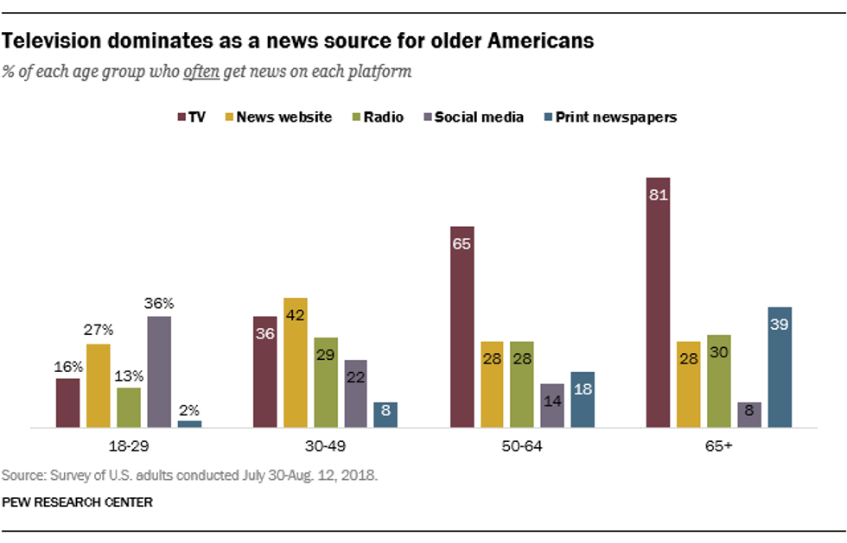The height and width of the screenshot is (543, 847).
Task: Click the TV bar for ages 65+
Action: click(x=658, y=302)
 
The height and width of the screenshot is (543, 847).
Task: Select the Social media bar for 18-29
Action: click(x=158, y=372)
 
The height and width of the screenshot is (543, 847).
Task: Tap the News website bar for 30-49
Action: click(x=296, y=363)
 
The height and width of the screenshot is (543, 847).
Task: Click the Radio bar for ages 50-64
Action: click(x=521, y=384)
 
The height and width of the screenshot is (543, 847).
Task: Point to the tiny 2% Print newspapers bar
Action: click(x=189, y=424)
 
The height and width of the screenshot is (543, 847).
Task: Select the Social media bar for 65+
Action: click(x=748, y=414)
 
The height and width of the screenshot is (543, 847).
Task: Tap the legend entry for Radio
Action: click(x=377, y=117)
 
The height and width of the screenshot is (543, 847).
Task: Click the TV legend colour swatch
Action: click(x=182, y=117)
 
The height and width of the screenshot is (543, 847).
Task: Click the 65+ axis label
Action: click(x=719, y=449)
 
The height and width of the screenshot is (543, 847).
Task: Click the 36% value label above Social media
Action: click(x=158, y=303)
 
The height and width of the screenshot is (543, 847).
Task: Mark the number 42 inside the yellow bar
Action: click(x=296, y=316)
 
